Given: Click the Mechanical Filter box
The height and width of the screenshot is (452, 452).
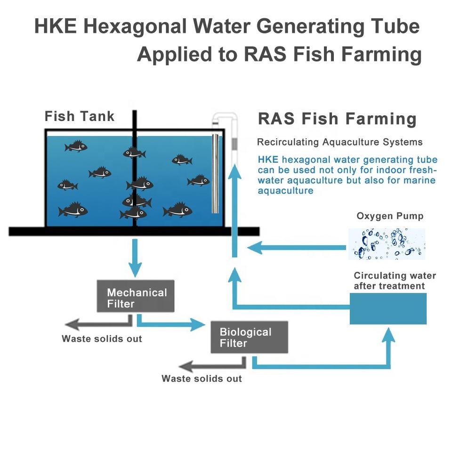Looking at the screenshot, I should [x=135, y=296].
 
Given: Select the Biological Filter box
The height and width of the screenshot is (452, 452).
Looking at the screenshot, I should [x=249, y=337].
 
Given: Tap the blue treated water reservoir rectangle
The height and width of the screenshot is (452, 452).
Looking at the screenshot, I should [x=388, y=308].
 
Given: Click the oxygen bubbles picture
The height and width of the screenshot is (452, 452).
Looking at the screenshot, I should [x=387, y=244].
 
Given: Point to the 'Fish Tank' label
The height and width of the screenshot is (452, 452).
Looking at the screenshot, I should [x=79, y=116].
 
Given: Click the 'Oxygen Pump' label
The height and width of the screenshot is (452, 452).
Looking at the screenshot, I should [x=390, y=216].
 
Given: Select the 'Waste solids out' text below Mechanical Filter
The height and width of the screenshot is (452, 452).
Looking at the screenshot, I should [x=102, y=339].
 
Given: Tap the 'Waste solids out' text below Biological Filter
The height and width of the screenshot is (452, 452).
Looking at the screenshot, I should [x=202, y=379].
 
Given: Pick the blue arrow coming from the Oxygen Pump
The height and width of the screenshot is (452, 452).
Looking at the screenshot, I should [x=297, y=247].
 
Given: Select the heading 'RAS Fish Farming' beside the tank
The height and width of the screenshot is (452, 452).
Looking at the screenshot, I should [x=337, y=119].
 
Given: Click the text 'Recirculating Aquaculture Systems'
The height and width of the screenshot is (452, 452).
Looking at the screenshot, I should [x=339, y=142].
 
